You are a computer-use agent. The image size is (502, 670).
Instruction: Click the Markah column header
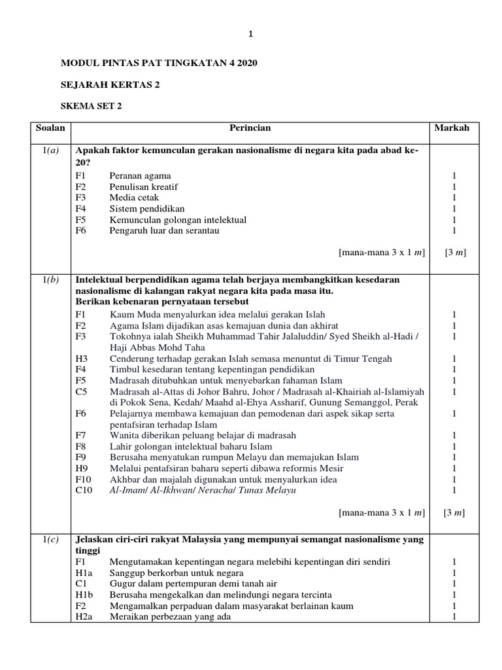pos(452,128)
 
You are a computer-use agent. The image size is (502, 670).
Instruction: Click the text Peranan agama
pos(140,176)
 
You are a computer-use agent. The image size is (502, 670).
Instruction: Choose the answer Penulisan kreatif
pos(144,187)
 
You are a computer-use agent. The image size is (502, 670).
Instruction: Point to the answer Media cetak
pos(134,198)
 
